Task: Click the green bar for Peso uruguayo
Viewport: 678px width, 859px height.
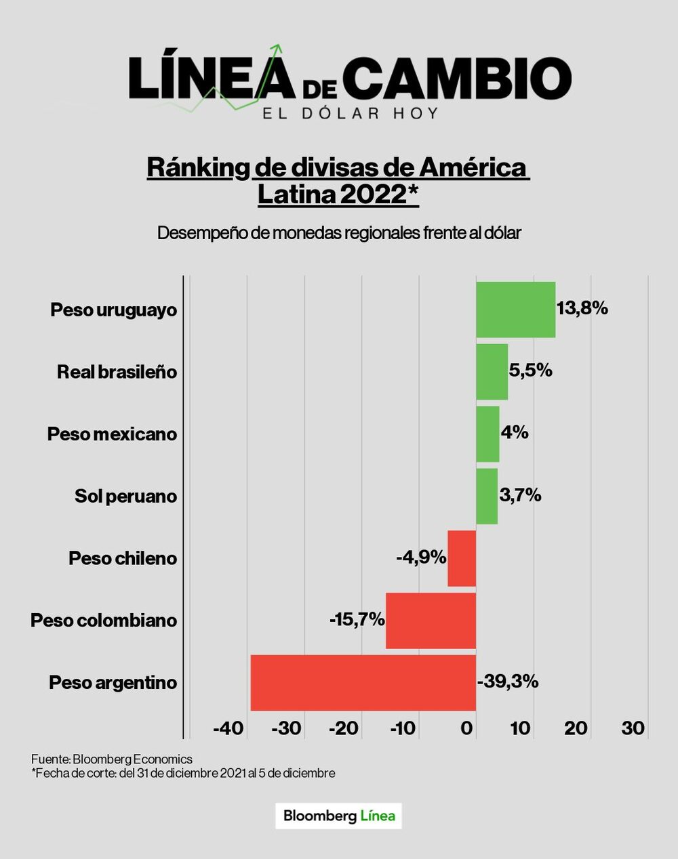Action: pyautogui.click(x=515, y=310)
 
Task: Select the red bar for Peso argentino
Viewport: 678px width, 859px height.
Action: pyautogui.click(x=363, y=682)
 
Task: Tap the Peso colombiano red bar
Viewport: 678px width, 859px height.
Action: pyautogui.click(x=431, y=621)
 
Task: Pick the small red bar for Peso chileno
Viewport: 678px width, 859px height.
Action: pyautogui.click(x=462, y=558)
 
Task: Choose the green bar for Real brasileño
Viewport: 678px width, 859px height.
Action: pyautogui.click(x=492, y=372)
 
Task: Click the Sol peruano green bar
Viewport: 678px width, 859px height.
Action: pyautogui.click(x=487, y=496)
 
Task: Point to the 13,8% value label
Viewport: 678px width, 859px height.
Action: pyautogui.click(x=582, y=308)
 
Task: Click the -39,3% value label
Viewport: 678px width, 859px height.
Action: pyautogui.click(x=508, y=682)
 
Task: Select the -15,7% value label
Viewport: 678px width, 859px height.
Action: pyautogui.click(x=357, y=619)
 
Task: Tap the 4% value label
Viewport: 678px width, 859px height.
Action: pyautogui.click(x=515, y=432)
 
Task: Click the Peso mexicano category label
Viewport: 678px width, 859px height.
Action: pyautogui.click(x=112, y=434)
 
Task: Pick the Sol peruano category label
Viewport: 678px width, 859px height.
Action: pyautogui.click(x=125, y=497)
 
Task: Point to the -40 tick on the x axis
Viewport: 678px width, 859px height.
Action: pyautogui.click(x=228, y=728)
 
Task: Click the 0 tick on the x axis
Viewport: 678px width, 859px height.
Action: pyautogui.click(x=467, y=728)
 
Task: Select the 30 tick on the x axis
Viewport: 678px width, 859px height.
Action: pyautogui.click(x=633, y=728)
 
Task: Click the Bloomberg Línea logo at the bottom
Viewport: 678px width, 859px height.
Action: pyautogui.click(x=338, y=816)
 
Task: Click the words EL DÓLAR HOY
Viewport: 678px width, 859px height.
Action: pyautogui.click(x=351, y=113)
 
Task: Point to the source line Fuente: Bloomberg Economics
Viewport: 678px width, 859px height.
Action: pyautogui.click(x=112, y=759)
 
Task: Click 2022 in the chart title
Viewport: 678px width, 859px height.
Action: pyautogui.click(x=372, y=195)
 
